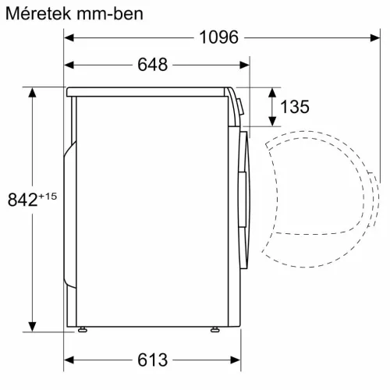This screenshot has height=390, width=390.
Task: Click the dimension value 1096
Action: (x=217, y=37)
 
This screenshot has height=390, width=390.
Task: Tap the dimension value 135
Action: (x=295, y=107)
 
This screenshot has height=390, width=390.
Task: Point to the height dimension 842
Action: (x=23, y=200)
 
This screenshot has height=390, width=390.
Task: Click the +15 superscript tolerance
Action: (x=48, y=195)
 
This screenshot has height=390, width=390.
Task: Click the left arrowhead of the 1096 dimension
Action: (x=69, y=37)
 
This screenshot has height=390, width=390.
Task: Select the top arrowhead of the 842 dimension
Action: (x=32, y=93)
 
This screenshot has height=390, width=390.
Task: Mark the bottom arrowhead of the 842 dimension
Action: (x=32, y=325)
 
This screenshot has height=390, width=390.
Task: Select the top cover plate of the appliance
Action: (x=148, y=91)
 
